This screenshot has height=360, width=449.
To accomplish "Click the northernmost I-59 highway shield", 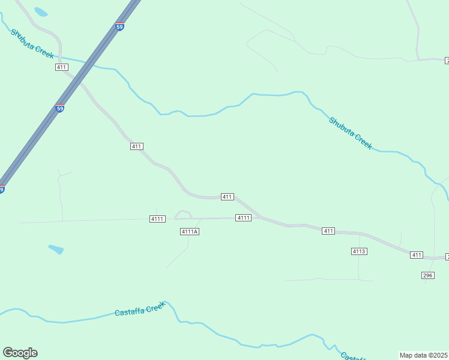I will (119, 27).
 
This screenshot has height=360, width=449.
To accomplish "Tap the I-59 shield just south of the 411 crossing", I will (59, 108).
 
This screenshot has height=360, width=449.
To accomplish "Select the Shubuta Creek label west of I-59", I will (32, 43).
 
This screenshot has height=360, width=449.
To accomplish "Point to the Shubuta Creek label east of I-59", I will (351, 133).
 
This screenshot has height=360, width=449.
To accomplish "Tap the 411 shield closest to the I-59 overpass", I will (61, 67).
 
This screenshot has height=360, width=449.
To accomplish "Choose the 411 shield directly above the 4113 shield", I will (328, 231).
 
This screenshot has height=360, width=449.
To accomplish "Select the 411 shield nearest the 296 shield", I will (417, 255).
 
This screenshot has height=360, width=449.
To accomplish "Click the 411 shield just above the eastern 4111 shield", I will (227, 197).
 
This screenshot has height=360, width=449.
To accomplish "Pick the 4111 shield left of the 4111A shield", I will (157, 219).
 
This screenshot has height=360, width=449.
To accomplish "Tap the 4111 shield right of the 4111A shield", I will (243, 218).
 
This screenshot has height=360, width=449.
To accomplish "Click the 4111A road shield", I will (189, 232).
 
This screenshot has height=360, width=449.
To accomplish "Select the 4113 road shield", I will (359, 251).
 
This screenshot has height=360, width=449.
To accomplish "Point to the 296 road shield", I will (427, 275).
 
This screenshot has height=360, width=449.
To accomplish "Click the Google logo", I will (20, 353).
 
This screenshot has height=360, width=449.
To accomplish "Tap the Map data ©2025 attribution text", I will (424, 355).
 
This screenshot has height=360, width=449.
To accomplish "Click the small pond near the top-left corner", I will (41, 11).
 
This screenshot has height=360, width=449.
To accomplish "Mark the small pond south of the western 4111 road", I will (56, 249).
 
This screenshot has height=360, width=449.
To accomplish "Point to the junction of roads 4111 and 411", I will (260, 217).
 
